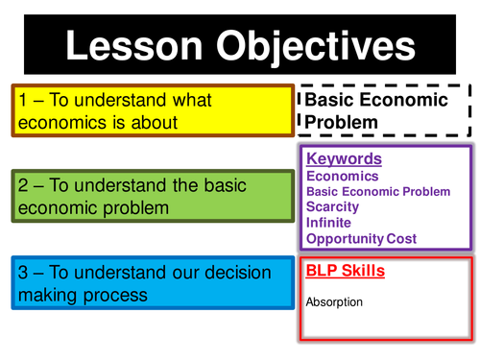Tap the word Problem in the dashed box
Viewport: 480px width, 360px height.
pyautogui.click(x=342, y=122)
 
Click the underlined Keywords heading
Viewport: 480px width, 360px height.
pyautogui.click(x=344, y=159)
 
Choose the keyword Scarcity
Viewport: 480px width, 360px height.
pyautogui.click(x=332, y=205)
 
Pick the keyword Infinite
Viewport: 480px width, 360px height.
pyautogui.click(x=329, y=222)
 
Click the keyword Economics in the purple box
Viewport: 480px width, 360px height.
pyautogui.click(x=342, y=176)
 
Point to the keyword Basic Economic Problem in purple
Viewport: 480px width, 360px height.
pyautogui.click(x=378, y=191)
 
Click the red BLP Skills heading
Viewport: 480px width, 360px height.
pyautogui.click(x=346, y=272)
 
